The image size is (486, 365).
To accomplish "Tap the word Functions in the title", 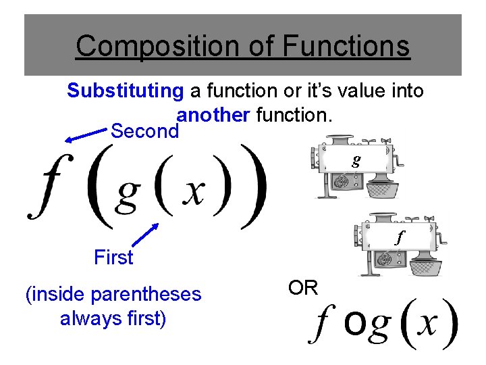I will coord(346,47).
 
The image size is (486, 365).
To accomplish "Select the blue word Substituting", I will coord(125,91).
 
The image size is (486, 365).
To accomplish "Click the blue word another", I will coord(212,115).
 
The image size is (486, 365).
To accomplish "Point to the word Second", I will coord(144,131).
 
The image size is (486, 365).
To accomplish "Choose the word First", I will coord(113,258).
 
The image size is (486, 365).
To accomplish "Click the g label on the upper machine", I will coord(356,160).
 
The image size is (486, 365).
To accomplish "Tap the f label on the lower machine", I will coord(399,237).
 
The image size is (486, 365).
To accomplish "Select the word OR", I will coord(303,288).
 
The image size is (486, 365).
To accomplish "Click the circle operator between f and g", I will coord(355,326).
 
